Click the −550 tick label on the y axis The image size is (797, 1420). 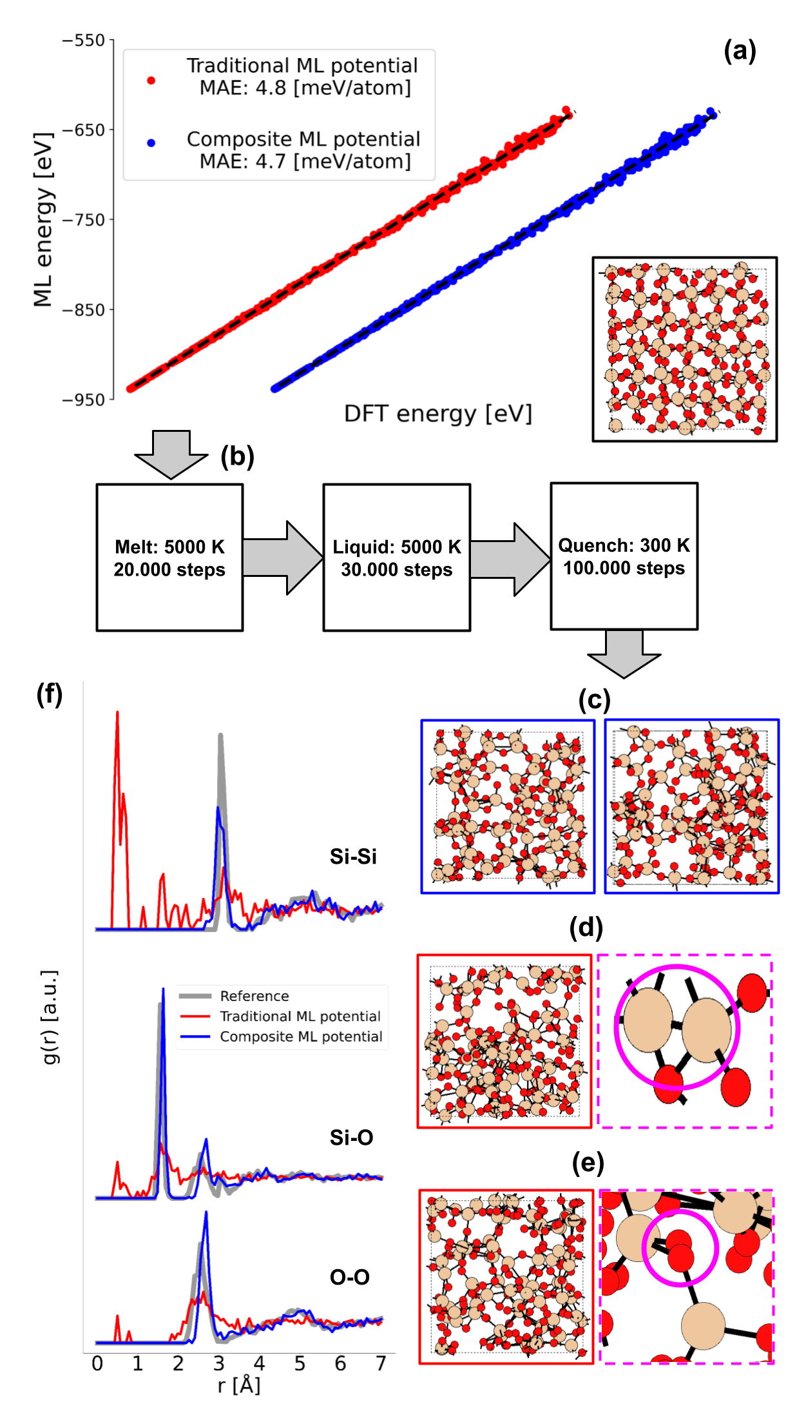click(x=84, y=41)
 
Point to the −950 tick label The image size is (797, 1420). click(x=84, y=400)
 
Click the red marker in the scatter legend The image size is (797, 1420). click(x=151, y=81)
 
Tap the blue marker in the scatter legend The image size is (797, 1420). click(x=151, y=142)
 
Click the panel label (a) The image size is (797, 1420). click(x=740, y=51)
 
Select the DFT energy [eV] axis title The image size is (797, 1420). click(x=438, y=414)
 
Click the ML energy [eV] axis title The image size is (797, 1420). click(x=43, y=220)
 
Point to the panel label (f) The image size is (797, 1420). click(x=51, y=695)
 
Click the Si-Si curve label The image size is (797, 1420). click(x=353, y=857)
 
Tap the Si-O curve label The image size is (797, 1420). click(x=352, y=1138)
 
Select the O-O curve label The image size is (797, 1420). click(x=350, y=1278)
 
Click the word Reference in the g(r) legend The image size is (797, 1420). click(x=254, y=997)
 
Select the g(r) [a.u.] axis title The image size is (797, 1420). click(x=50, y=1017)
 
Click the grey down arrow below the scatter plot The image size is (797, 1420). click(x=171, y=454)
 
